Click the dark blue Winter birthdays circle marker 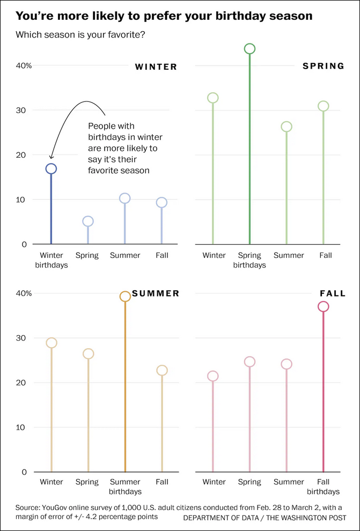(x=51, y=168)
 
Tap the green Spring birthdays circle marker (x=249, y=49)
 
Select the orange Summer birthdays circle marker (x=125, y=297)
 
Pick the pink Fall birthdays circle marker (x=323, y=307)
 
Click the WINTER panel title (x=156, y=67)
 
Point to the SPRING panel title (x=323, y=66)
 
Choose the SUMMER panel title (x=156, y=293)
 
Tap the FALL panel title (x=333, y=293)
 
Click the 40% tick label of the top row (x=24, y=65)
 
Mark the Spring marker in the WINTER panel (x=88, y=221)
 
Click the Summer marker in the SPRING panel (x=286, y=127)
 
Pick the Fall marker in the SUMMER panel (x=162, y=370)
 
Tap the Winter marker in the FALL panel (x=212, y=376)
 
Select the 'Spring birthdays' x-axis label (x=249, y=260)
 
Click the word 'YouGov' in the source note (x=61, y=507)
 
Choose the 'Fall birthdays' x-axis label (x=323, y=486)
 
